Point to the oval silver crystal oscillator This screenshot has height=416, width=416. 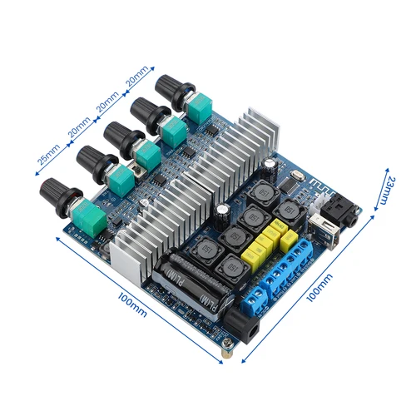(294, 176)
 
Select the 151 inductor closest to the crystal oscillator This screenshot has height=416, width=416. (266, 193)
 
